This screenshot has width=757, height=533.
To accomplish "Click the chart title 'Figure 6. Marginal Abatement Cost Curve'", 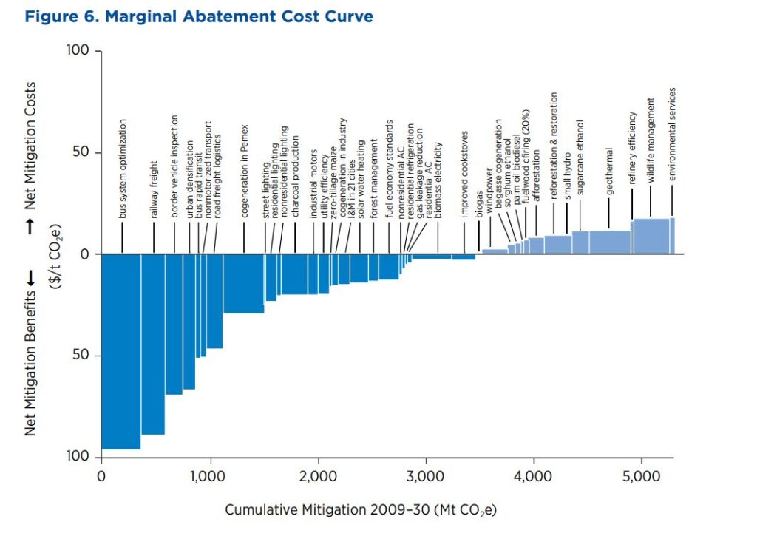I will pos(199,16).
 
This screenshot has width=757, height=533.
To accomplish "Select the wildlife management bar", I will pos(651,236).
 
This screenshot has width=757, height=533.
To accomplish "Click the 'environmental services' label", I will pos(672,134).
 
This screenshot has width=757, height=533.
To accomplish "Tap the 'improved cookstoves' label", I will pos(464,174).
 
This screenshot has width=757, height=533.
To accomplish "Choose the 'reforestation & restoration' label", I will pos(554,146).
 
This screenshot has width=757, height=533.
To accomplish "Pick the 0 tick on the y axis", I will pos(85,254).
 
